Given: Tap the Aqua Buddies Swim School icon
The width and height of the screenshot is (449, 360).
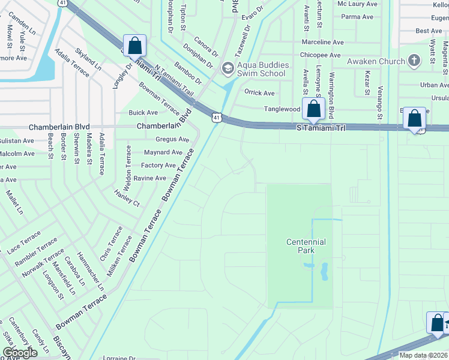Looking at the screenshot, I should [x=227, y=68].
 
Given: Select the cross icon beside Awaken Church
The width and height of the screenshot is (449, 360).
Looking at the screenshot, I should [x=414, y=61].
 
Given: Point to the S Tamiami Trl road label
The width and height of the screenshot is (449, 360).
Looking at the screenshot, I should [x=322, y=128].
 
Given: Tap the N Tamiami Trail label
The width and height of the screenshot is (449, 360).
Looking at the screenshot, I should [x=175, y=80].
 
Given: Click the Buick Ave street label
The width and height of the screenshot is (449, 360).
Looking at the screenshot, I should [x=143, y=112].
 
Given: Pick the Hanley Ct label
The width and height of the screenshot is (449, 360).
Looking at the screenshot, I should [x=127, y=198].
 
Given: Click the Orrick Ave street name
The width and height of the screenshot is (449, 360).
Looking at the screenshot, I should [x=259, y=93].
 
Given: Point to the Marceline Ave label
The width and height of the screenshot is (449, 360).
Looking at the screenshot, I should [x=322, y=43].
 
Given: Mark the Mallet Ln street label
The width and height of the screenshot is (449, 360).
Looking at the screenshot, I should [x=14, y=202].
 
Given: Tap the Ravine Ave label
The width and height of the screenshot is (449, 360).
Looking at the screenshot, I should [x=149, y=178].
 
